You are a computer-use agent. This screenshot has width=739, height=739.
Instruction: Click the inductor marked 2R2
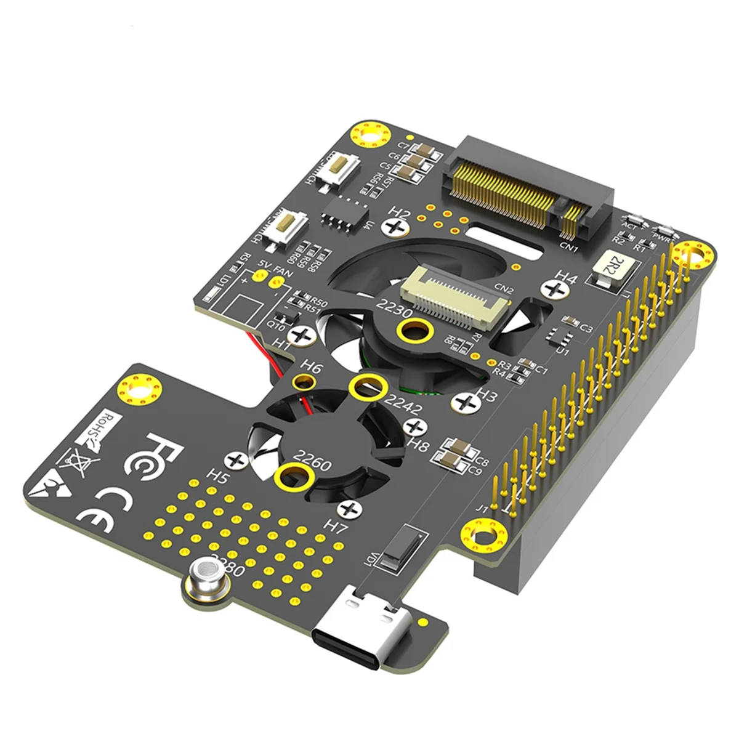[609, 269]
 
